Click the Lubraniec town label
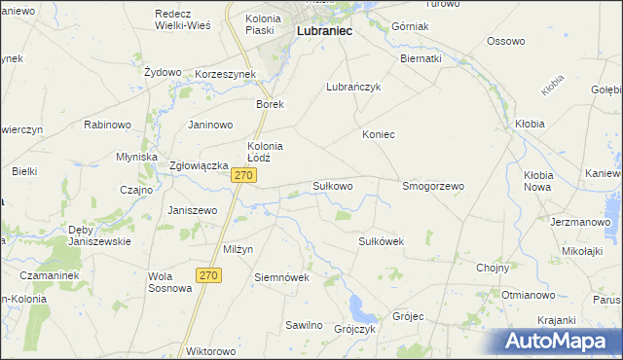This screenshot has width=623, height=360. pos(323,31)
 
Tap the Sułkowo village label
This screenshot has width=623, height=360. pos(332,185)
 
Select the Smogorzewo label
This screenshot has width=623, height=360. pos(433,185)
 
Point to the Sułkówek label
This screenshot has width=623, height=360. pos(382,240)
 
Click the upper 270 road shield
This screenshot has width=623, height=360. pos(244,175)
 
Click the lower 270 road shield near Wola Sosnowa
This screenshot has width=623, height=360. pos(208,275)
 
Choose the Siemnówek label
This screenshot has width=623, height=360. pos(281,276)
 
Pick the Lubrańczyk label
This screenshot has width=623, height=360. pos(351,87)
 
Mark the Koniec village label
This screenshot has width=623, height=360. pos(379,134)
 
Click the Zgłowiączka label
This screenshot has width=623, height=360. pos(199,165)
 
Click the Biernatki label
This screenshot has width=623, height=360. pos(421,58)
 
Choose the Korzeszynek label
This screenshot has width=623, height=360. pos(225,74)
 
